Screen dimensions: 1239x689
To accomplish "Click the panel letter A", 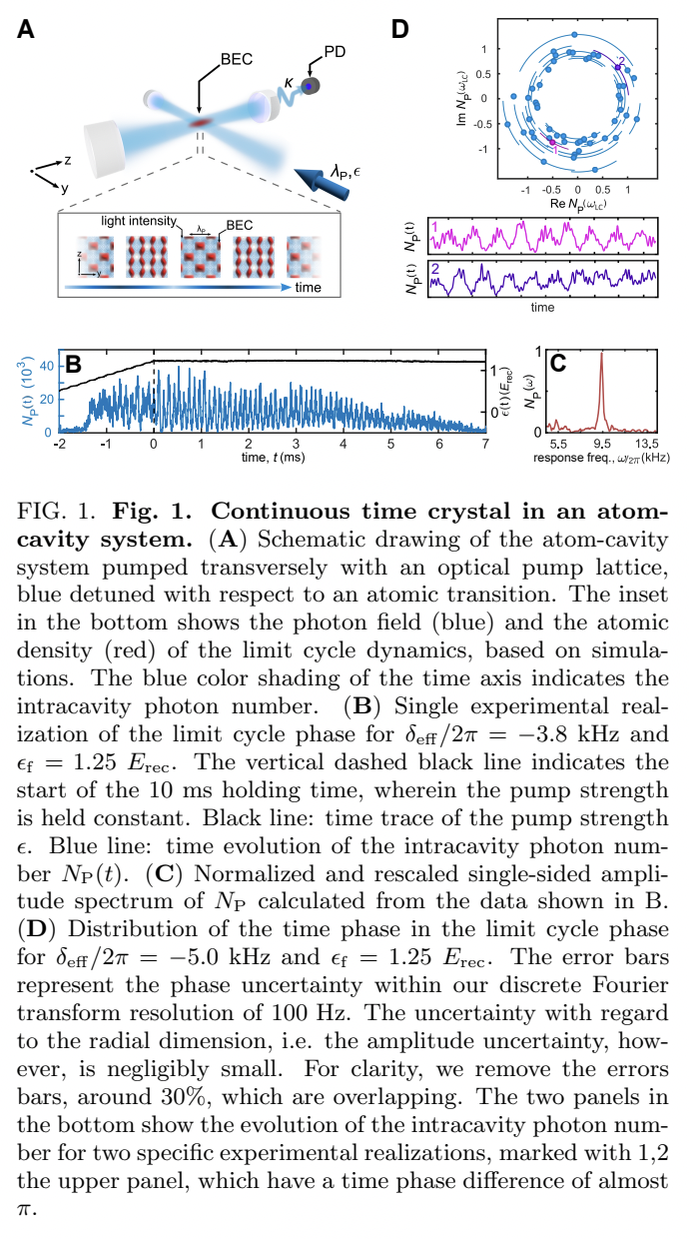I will coord(28,31).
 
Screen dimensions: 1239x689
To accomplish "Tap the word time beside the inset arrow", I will coord(312,288).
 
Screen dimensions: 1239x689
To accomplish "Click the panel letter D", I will coord(399,31).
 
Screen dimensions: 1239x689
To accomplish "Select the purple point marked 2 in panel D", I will coord(618,67).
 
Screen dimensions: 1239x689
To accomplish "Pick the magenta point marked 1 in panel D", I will coord(552,143).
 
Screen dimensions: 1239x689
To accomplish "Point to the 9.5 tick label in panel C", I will coord(601,444).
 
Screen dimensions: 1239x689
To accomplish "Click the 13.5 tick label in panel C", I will coord(648,444).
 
